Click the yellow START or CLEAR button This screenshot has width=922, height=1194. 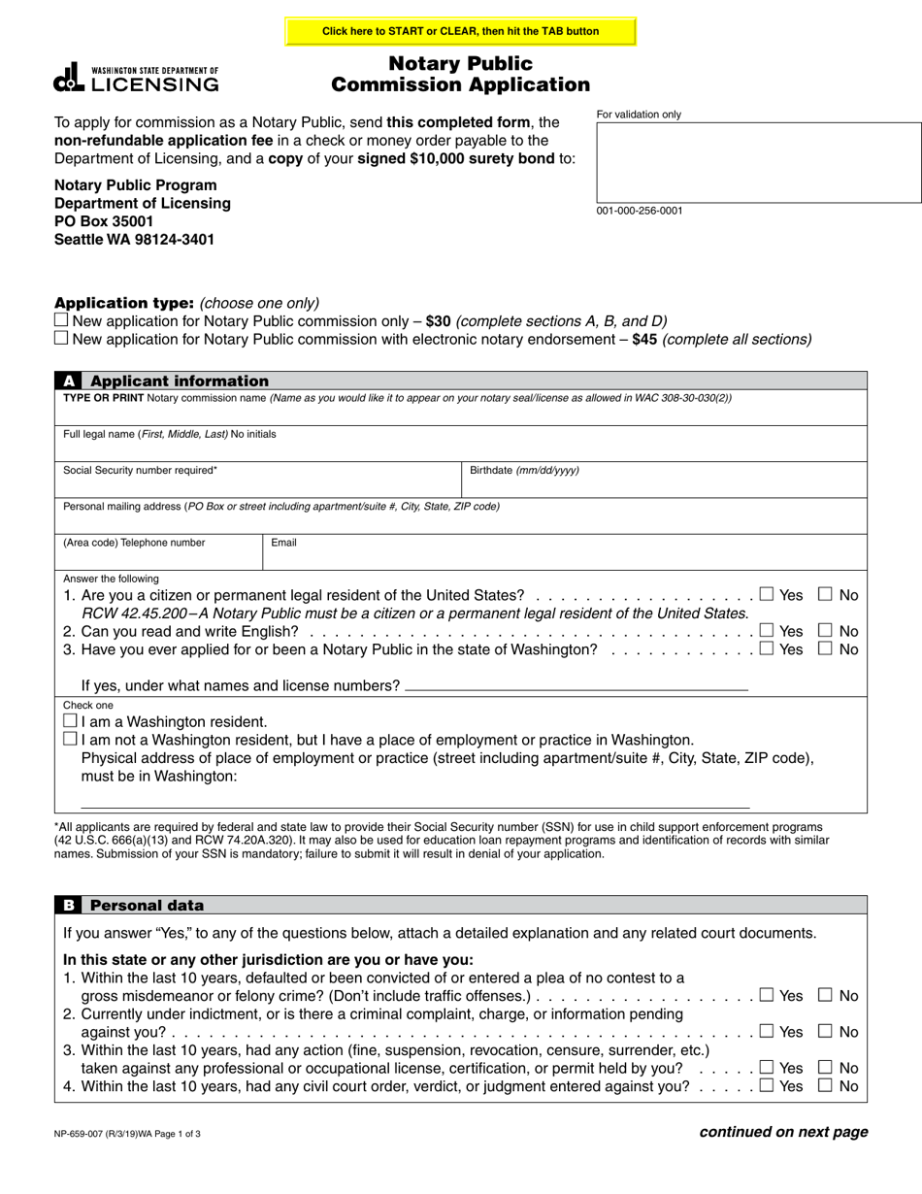coord(460,31)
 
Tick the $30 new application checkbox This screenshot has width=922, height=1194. coord(61,320)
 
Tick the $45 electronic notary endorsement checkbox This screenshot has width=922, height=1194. coord(61,339)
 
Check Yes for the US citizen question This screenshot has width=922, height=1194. coord(767,594)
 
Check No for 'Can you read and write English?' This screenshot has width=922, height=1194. coord(826,631)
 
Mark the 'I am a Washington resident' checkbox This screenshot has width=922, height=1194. coord(69,721)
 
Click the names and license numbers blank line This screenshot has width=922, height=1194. coord(576,684)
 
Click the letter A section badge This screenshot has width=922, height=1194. coord(69,381)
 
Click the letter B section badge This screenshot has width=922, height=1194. coord(69,906)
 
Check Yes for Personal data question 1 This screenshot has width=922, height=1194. coord(767,995)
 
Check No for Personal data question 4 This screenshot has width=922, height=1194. coord(826,1086)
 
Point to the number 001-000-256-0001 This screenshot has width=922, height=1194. coord(640,211)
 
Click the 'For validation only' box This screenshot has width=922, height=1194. coord(758,161)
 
